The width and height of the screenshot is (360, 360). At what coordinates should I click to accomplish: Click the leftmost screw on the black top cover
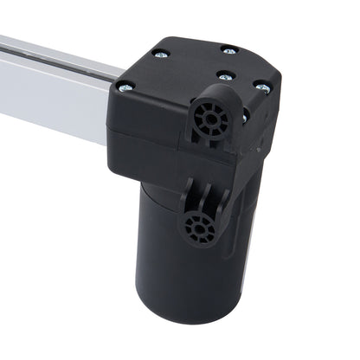pos(125,86)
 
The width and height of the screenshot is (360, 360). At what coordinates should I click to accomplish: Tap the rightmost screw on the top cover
pos(262,87)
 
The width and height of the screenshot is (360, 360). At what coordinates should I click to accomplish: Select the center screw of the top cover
pos(224,77)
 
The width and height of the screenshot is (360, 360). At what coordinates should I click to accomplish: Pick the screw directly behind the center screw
pos(228,50)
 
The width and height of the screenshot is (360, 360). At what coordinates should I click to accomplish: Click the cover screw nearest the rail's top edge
pos(160,54)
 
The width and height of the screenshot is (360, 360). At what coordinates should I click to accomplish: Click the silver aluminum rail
pos(52,87)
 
